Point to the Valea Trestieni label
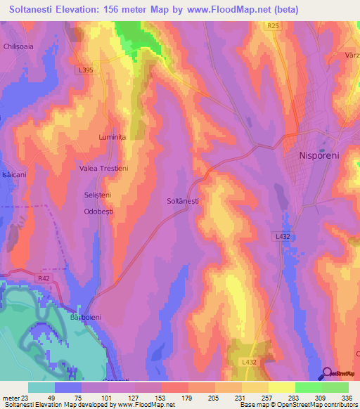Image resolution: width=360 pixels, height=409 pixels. [103, 169]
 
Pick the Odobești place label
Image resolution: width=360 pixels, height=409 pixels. [98, 210]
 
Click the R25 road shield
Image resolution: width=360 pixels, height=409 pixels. [274, 26]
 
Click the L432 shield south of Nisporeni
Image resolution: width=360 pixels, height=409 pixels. [282, 237]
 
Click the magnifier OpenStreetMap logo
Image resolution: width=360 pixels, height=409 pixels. [328, 373]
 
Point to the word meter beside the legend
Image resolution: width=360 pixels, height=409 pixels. [8, 398]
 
